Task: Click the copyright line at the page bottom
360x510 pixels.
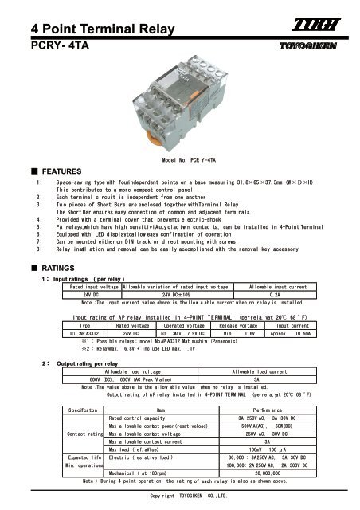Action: (x=181, y=496)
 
